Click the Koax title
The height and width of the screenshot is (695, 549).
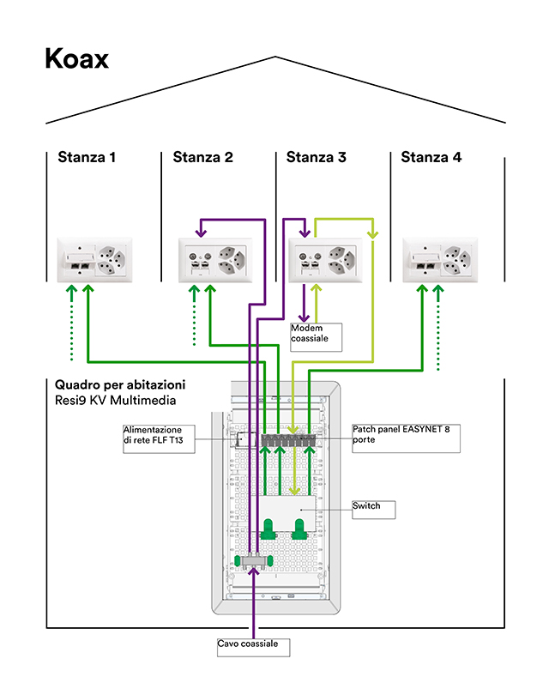76,59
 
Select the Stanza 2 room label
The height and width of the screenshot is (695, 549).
202,157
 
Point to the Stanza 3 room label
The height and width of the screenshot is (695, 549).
317,157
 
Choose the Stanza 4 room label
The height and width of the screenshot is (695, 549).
431,157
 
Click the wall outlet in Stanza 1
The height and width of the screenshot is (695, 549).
94,259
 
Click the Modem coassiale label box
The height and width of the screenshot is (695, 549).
316,336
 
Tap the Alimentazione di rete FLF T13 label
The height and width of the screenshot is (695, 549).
158,438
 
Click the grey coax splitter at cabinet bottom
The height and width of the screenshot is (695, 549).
255,562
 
